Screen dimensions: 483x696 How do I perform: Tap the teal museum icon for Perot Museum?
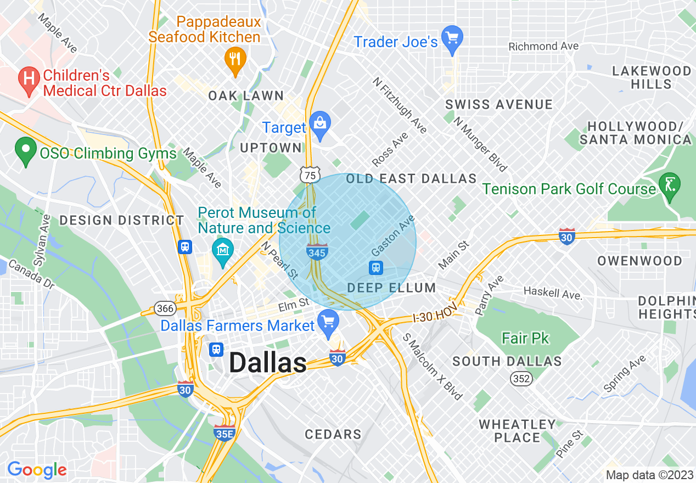point(223,251)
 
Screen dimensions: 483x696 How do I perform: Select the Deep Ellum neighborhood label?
point(391,288)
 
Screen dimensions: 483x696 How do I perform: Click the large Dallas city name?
point(267,363)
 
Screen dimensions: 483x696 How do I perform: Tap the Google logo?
point(37,470)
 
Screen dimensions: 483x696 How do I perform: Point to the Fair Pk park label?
point(525,338)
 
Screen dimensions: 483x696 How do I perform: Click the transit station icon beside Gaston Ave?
point(376,267)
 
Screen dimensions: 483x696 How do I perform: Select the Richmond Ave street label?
point(543,46)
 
